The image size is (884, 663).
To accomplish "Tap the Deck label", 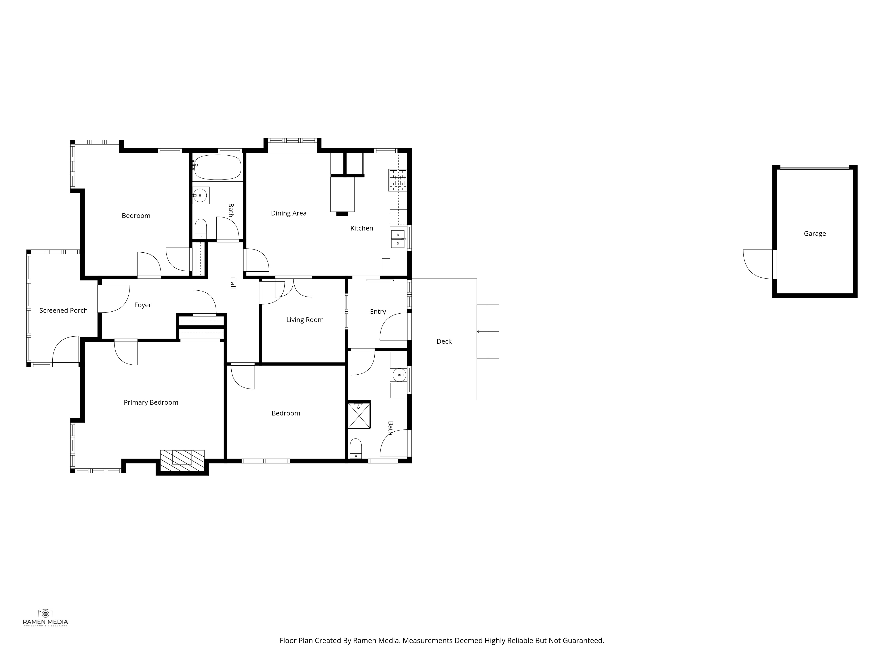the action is point(444,341).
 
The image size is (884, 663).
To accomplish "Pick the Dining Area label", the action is point(289,213).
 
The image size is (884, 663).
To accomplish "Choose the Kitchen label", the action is point(362,228).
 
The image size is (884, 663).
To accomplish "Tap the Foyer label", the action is point(143,305).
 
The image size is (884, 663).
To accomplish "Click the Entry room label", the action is point(378,312).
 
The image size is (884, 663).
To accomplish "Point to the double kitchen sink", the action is point(398,239).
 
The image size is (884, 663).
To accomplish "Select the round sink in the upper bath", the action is point(200,195).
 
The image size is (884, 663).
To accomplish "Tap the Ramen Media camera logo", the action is point(45,613).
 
